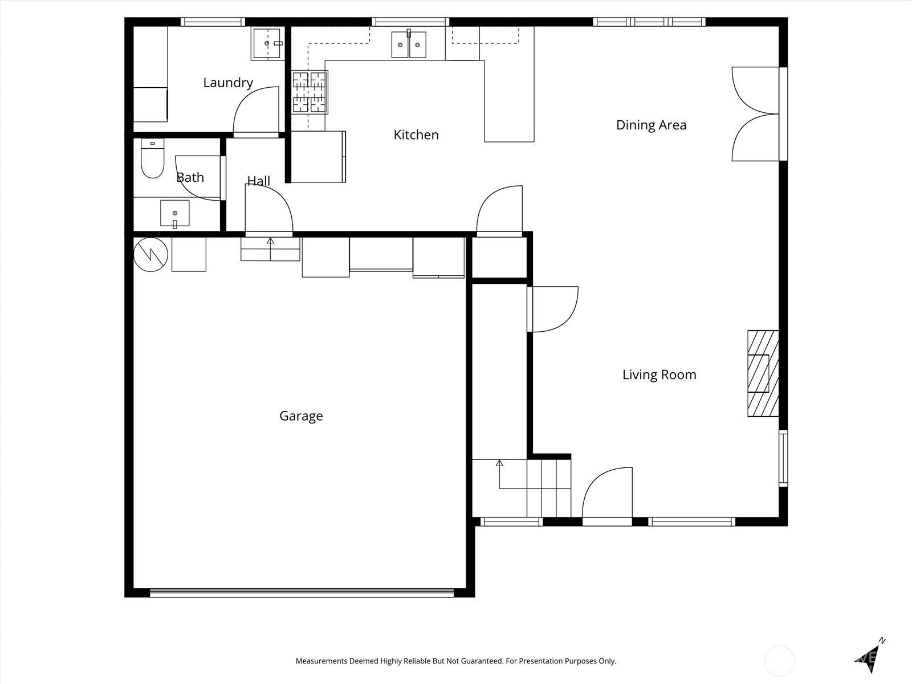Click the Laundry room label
[x=227, y=83]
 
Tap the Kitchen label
[x=416, y=135]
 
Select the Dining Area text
[x=651, y=125]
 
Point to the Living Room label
[x=659, y=374]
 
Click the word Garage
[x=301, y=416]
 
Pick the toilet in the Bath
[x=153, y=158]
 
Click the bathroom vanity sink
[x=175, y=213]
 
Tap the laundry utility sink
[x=267, y=43]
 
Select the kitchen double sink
[x=409, y=44]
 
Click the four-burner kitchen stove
[x=310, y=92]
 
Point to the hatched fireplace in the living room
[x=763, y=373]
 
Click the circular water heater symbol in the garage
[x=151, y=255]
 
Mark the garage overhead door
[x=302, y=593]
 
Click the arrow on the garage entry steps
[x=271, y=249]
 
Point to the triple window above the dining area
[x=649, y=22]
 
